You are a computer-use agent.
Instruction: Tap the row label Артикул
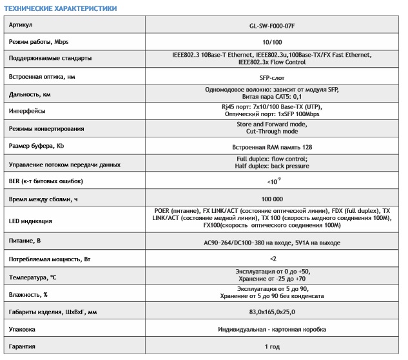click(x=21, y=26)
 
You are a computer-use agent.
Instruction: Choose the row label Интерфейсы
click(x=28, y=111)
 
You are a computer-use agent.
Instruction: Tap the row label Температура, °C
click(x=34, y=277)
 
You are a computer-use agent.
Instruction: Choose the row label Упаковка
click(x=24, y=330)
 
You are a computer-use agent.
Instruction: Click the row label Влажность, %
click(x=31, y=294)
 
